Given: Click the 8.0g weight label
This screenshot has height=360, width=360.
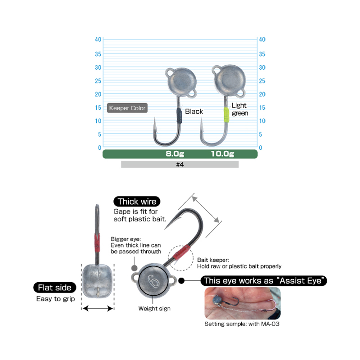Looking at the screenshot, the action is coord(175,153).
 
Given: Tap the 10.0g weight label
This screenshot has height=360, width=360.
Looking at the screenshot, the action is coord(222,153).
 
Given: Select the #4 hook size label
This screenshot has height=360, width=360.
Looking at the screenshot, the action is coord(180,164).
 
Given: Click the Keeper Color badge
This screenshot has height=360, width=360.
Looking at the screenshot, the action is coord(127,108).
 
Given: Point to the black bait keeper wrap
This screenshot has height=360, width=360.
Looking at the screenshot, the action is coord(179,116).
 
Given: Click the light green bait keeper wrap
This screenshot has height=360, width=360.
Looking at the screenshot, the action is coord(226,115).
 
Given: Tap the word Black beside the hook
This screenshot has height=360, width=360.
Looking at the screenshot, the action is coord(194,111).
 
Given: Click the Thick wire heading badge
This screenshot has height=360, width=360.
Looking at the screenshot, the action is coord(137,201).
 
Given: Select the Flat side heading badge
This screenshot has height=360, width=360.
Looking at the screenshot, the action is coord(54,288).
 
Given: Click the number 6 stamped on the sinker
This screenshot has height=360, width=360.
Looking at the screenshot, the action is coord(153,281).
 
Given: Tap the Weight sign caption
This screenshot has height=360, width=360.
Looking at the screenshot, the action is coord(154,309).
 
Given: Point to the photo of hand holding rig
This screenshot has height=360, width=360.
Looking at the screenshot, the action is coord(243,303).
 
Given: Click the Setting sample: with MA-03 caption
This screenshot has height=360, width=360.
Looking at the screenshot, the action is coord(242,324).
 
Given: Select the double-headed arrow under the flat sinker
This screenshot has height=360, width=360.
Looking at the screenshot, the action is coord(98,308).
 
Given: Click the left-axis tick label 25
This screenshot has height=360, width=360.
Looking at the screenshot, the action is coord(98,81).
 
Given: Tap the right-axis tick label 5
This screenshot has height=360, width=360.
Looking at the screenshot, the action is coord(261,134).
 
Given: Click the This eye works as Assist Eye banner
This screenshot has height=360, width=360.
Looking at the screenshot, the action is coord(264,280).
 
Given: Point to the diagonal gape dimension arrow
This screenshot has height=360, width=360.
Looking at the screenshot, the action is coord(206,209).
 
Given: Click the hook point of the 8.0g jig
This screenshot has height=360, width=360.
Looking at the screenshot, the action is coord(155,118).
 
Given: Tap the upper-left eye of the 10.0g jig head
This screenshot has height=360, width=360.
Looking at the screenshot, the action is coord(216,70).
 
